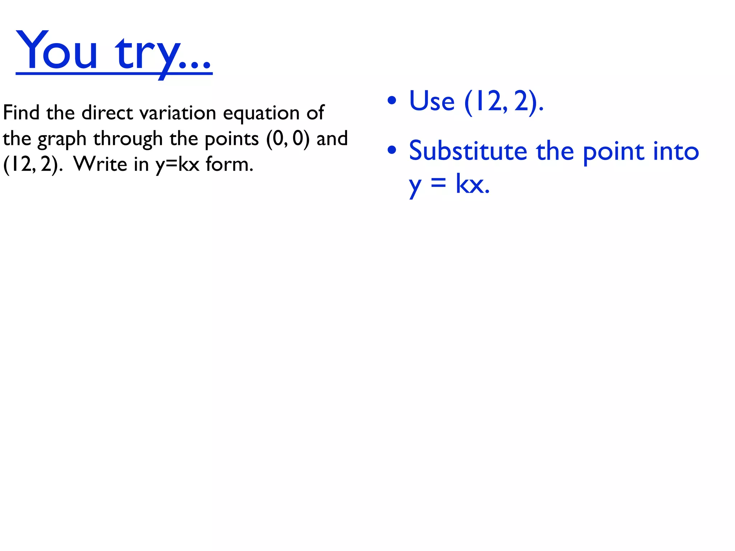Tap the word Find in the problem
click(x=21, y=113)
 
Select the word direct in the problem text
click(x=107, y=113)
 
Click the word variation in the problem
click(x=178, y=113)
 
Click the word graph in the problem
click(x=62, y=139)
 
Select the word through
click(x=128, y=139)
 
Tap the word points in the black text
click(x=231, y=139)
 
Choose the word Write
click(x=100, y=164)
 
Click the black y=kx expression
click(x=177, y=165)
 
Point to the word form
click(x=229, y=164)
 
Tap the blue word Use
click(x=432, y=101)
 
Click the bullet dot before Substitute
click(x=392, y=150)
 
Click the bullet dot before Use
click(x=392, y=100)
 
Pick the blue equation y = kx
click(x=449, y=185)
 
